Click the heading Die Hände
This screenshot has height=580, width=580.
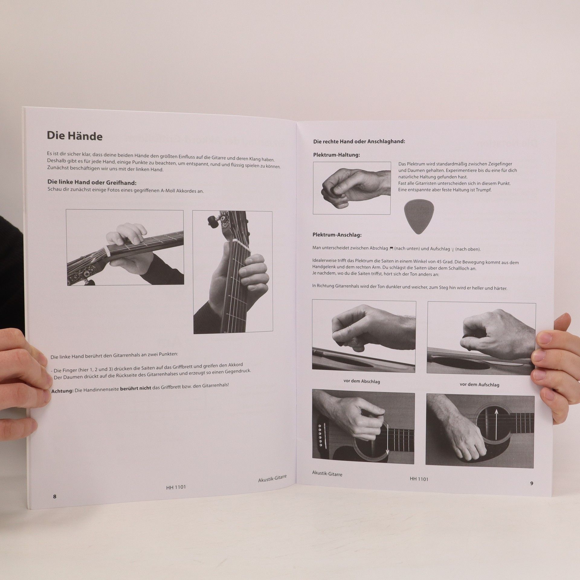(x=75, y=136)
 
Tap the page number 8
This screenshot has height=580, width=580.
(x=55, y=496)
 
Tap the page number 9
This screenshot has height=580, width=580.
(x=532, y=483)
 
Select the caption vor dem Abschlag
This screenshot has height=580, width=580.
(x=362, y=381)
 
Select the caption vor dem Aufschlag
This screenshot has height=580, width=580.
(x=479, y=384)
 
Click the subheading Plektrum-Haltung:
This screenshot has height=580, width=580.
(x=337, y=155)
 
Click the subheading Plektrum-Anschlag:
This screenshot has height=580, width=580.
(x=337, y=235)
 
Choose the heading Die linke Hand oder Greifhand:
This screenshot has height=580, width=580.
(x=92, y=182)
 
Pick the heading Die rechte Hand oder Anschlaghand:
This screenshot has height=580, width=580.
(x=359, y=141)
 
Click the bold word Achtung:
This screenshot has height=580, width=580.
(x=62, y=391)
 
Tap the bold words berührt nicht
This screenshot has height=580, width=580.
(x=136, y=388)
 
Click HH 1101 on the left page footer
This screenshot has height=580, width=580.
(x=176, y=487)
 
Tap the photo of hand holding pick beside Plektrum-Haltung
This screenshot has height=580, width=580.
(x=352, y=188)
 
